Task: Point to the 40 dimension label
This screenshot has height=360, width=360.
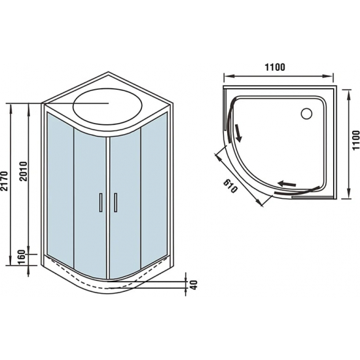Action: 193,285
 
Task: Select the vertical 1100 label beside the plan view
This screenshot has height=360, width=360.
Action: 354,141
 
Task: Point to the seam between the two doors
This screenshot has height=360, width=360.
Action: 107,203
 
